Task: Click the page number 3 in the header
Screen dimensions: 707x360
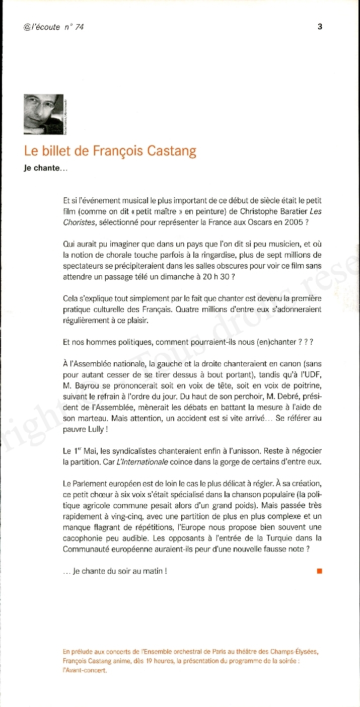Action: click(x=320, y=27)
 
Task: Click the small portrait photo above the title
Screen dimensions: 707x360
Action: click(x=43, y=114)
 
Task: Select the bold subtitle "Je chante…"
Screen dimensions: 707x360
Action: click(x=45, y=168)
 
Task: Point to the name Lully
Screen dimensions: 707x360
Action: click(x=98, y=429)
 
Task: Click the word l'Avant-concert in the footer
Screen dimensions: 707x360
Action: click(x=86, y=670)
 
